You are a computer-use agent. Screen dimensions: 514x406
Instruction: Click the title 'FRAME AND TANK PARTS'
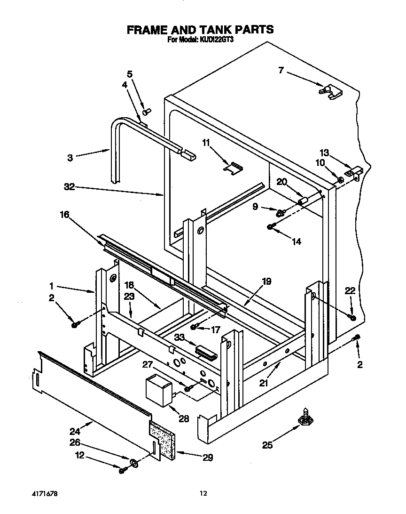(x=200, y=30)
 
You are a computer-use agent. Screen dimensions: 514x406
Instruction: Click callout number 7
(x=281, y=71)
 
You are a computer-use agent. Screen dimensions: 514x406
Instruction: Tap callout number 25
(x=267, y=445)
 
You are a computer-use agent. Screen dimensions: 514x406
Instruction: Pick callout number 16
(x=64, y=215)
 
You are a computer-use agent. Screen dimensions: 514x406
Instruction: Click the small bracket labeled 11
(x=234, y=167)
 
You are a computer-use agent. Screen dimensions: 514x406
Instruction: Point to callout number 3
(x=70, y=158)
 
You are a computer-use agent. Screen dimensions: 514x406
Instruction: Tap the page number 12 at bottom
(x=203, y=494)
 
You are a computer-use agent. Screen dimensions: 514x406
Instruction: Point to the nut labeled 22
(x=353, y=319)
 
